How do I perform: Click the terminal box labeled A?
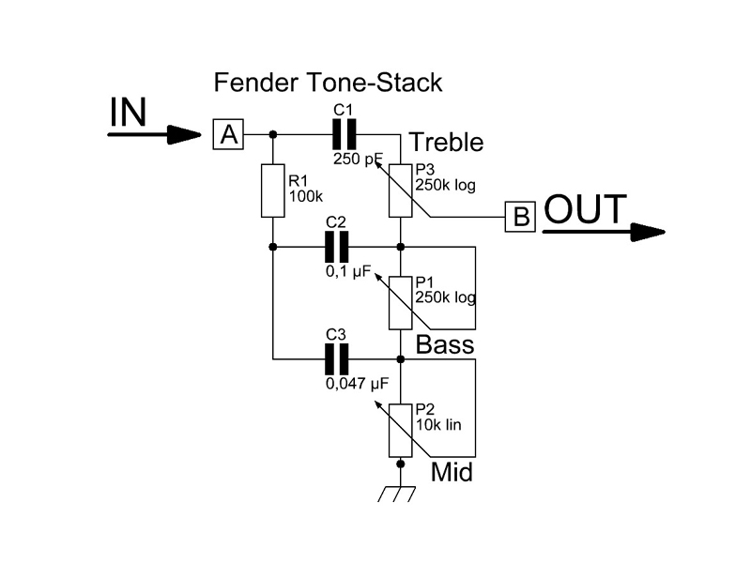(228, 135)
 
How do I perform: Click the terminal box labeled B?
(520, 217)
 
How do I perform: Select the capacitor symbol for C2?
(336, 247)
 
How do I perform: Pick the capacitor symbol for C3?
(336, 358)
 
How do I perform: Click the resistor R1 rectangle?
(273, 190)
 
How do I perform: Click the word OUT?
(585, 209)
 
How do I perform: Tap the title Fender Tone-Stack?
(328, 83)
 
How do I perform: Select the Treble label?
(447, 143)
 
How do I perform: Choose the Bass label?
(445, 344)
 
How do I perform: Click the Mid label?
(452, 472)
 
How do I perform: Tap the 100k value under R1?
(305, 197)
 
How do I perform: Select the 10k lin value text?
(438, 424)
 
